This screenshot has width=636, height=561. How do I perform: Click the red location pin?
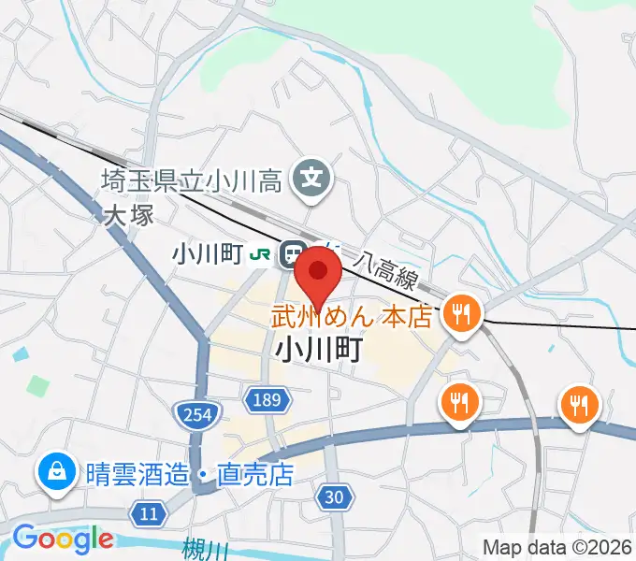(318, 273)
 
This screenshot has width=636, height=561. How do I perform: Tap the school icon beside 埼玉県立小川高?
(311, 175)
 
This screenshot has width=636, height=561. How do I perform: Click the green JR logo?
(262, 253)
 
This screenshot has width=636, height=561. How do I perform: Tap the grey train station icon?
(292, 253)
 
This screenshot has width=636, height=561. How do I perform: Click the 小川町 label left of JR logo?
(208, 253)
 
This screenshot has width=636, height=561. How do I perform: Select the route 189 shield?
(266, 401)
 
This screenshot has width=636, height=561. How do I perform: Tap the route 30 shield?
(334, 498)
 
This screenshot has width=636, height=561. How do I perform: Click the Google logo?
(63, 539)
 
